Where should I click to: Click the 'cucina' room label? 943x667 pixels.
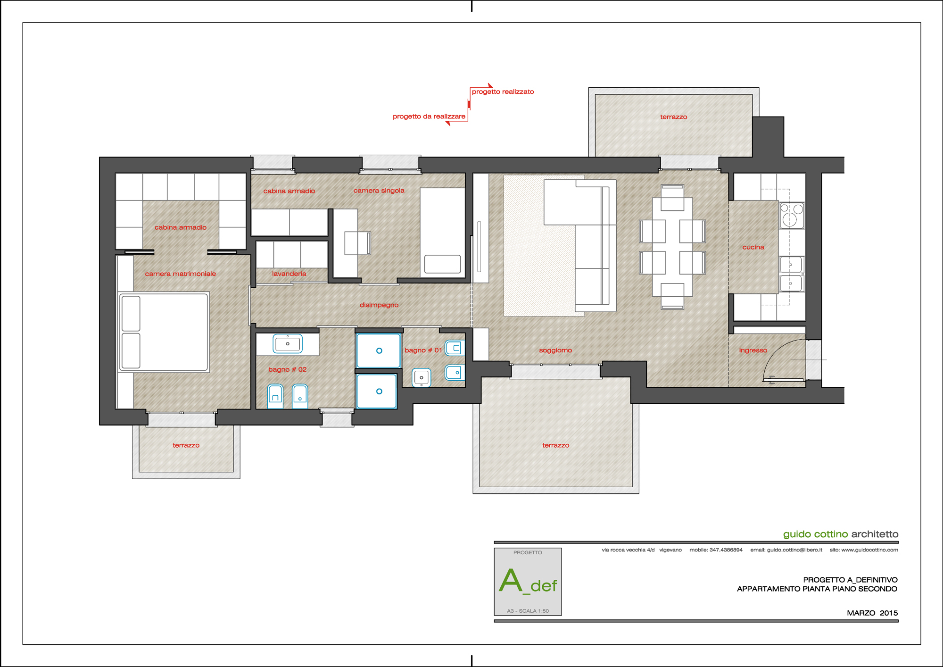pos(753,247)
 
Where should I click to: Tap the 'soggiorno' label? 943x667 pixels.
pos(555,350)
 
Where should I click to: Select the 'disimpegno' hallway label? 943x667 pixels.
pos(379,305)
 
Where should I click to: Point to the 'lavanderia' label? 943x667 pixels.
pos(289,274)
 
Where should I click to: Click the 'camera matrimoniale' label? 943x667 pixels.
pos(180,274)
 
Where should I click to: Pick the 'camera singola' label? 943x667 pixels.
pos(379,191)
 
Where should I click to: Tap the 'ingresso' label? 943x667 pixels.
pos(753,350)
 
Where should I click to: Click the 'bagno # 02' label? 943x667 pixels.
pos(287,369)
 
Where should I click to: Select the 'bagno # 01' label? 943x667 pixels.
pos(423,350)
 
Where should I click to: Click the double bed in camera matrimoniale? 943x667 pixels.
pos(164,332)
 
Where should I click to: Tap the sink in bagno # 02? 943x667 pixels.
pos(288,344)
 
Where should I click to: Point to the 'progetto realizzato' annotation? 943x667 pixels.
pos(503,92)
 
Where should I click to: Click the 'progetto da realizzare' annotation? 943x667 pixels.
pos(429,117)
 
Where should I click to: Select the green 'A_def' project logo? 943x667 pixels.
pos(528,582)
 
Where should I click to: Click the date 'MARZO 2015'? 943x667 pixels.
pos(872,613)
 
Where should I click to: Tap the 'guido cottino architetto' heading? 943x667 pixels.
pos(841,534)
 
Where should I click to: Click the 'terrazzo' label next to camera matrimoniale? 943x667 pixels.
pos(186,445)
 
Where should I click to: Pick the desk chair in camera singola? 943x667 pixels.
pos(358,243)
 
